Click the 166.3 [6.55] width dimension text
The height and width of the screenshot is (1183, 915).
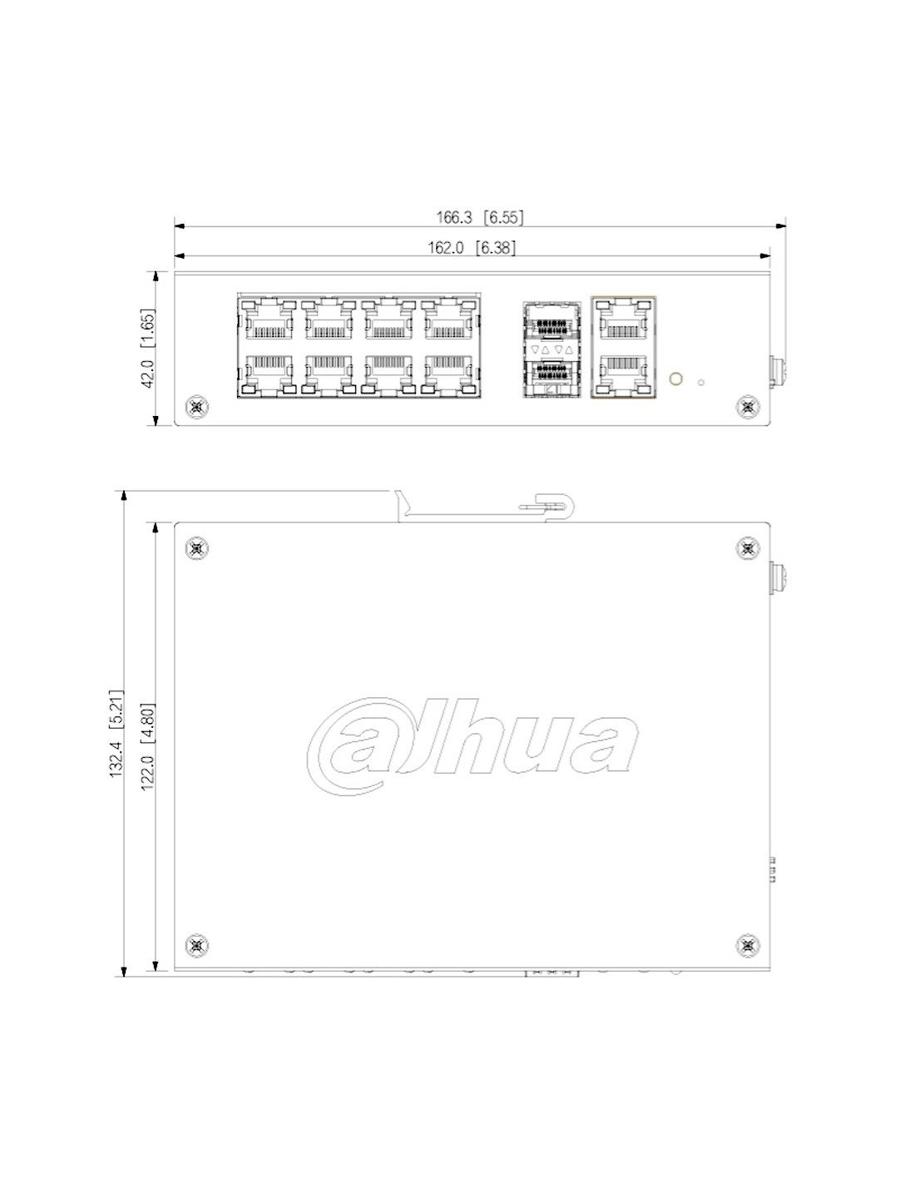click(x=479, y=218)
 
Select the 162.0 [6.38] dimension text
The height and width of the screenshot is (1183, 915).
click(x=471, y=248)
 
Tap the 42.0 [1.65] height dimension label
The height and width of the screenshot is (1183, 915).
click(x=148, y=349)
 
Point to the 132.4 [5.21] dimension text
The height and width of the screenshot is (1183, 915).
click(x=116, y=734)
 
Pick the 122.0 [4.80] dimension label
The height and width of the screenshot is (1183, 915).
click(x=148, y=747)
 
